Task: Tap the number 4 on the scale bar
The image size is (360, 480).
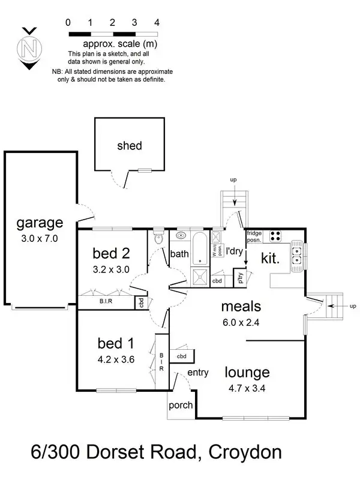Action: coord(157,22)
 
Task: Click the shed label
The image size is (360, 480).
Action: coord(130,146)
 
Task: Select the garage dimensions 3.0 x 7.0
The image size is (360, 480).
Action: coord(39,238)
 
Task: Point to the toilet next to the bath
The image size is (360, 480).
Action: coord(158,238)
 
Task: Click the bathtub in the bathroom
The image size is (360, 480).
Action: coord(199,246)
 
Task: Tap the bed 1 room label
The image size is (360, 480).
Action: coord(114,344)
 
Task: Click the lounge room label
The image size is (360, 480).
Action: coord(248,372)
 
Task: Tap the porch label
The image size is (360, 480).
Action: coord(180,406)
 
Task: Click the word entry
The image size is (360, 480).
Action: coord(197,373)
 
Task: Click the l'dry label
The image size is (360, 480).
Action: coord(234,252)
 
